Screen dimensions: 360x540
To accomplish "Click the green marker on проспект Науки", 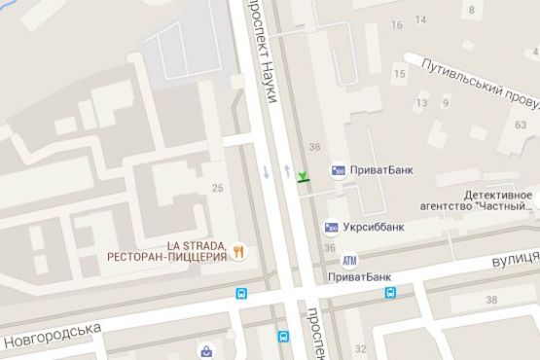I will coord(304,177).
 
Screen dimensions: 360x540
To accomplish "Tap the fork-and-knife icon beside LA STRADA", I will coord(238,251).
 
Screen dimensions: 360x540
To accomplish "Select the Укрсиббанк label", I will coord(374,228).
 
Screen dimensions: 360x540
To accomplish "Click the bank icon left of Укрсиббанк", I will coord(332,228).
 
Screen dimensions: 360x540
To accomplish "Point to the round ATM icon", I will coord(348,260).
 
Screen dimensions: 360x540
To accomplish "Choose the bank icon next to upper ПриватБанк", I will coord(339,170).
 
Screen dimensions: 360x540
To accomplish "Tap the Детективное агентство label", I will coord(499,199).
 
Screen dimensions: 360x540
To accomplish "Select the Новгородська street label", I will coord(54,336).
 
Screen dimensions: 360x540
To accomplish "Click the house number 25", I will coord(216,188).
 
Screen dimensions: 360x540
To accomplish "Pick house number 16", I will coord(396,24).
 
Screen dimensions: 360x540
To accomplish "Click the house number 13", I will coord(421,103).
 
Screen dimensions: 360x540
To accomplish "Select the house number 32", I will coord(361,347).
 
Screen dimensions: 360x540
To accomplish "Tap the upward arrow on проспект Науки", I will coord(288,170).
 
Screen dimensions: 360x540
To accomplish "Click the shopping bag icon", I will coord(206,351).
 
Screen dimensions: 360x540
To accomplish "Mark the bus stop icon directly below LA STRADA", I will coord(240,293).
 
